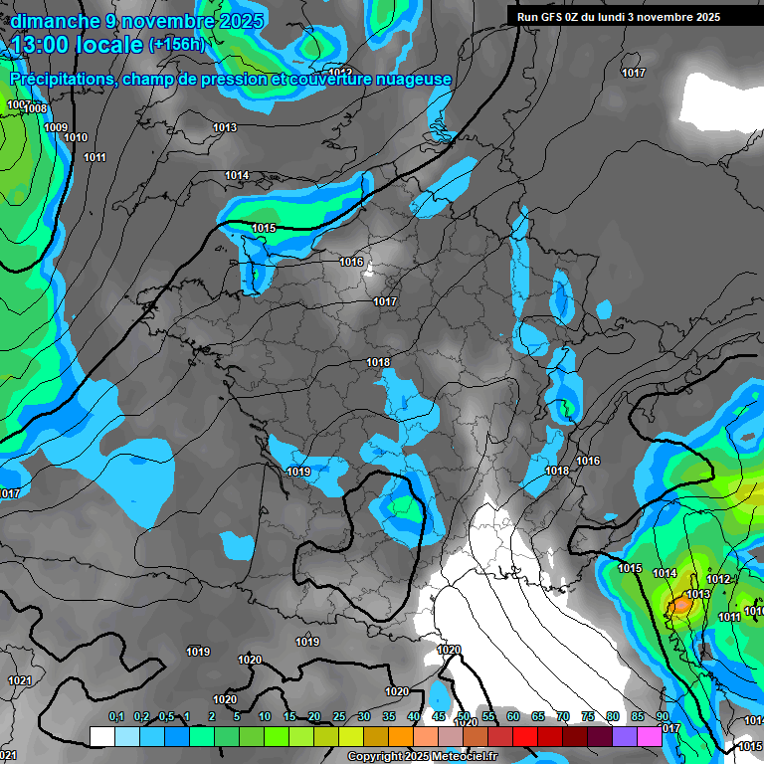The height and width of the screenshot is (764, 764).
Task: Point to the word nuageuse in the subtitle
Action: [x=411, y=80]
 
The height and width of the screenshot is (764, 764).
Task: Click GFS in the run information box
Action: [x=554, y=17]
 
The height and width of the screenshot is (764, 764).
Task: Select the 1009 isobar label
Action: [x=56, y=127]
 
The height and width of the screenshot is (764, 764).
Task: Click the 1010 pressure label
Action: [x=76, y=137]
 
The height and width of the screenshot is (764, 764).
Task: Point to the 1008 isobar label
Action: [x=36, y=108]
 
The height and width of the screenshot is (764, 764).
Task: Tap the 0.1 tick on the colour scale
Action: [x=116, y=717]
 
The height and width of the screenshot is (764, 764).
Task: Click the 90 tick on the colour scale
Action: [x=663, y=717]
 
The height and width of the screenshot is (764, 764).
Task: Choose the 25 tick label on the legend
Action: [x=339, y=717]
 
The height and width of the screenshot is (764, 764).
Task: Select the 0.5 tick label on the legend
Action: [x=166, y=717]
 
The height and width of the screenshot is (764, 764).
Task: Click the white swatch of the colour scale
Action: [x=101, y=736]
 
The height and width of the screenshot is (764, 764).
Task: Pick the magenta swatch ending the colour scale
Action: [x=650, y=736]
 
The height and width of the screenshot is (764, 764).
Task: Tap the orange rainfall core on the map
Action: [x=680, y=605]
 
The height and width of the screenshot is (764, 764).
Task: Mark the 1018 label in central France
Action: [x=378, y=363]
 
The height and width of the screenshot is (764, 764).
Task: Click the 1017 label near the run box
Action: [x=633, y=73]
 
